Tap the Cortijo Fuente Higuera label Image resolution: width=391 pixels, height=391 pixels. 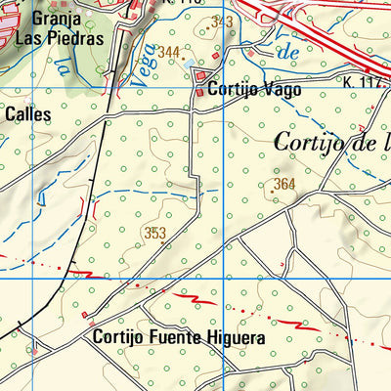point(179,338)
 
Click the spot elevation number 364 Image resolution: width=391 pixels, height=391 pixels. point(284,184)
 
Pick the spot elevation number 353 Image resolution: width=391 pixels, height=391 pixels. point(154,233)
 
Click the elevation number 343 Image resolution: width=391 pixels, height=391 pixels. point(222,21)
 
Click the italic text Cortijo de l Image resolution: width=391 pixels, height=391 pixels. point(332,143)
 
